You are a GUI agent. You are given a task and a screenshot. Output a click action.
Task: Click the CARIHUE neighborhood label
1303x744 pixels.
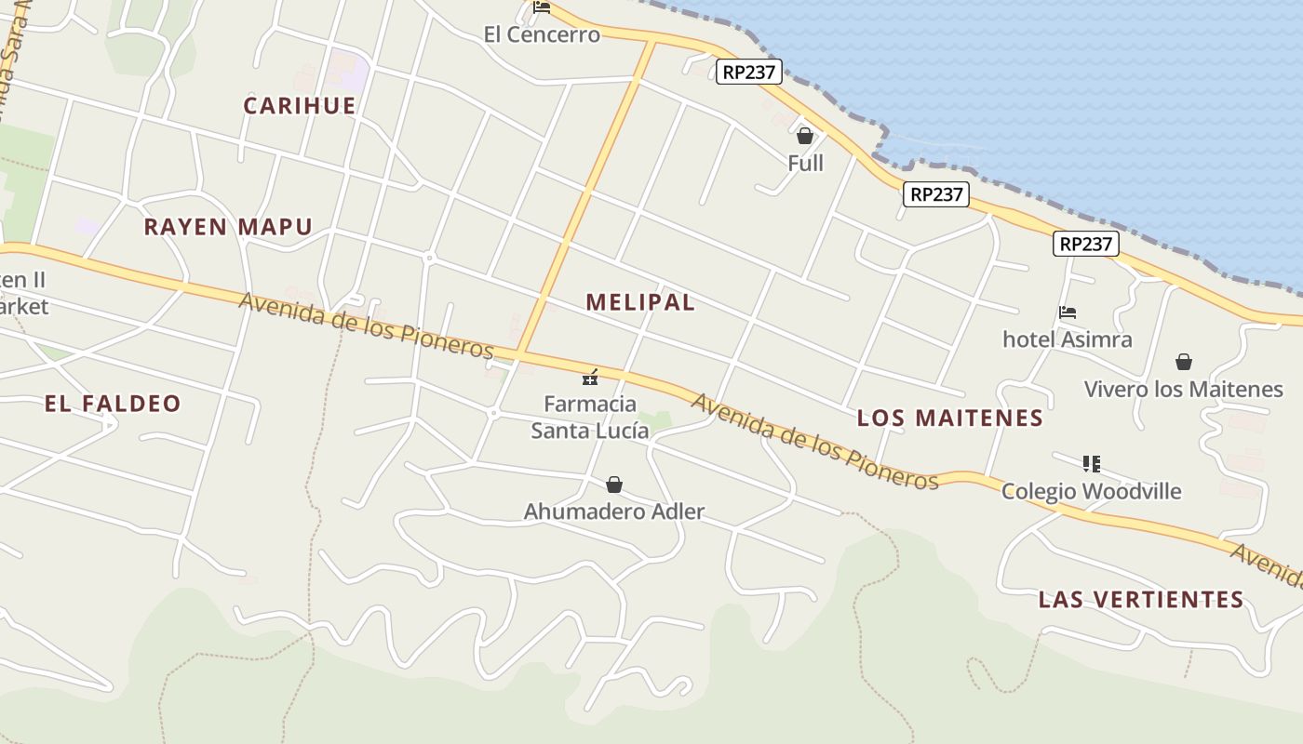pos(300,106)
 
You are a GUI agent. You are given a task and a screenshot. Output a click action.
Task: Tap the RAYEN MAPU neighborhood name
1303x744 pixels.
pos(228,227)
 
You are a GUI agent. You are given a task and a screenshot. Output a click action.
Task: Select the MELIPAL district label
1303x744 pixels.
pos(640,302)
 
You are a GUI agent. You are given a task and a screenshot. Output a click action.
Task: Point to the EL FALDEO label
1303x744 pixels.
pos(113,404)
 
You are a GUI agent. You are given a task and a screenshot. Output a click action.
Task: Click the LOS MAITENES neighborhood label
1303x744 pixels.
pos(950,418)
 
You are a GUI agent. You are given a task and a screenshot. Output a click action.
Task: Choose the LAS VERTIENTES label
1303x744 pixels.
pos(1141,600)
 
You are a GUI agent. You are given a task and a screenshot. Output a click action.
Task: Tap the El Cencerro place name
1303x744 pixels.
pos(542,35)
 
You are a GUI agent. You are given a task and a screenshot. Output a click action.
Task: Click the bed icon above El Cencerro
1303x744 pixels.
pos(542,8)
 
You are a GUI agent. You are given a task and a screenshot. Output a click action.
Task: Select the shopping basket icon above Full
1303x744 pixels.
pos(805,136)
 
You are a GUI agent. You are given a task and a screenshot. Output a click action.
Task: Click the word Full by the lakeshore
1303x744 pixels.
pos(805,164)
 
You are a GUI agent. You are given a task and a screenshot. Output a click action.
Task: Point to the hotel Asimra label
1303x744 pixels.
pos(1068,339)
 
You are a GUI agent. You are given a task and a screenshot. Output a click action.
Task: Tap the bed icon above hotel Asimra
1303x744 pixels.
pos(1068,312)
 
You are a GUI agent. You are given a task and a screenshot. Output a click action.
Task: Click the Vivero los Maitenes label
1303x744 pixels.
pos(1184,389)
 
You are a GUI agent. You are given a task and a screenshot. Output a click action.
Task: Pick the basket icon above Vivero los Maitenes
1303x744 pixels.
pos(1184,361)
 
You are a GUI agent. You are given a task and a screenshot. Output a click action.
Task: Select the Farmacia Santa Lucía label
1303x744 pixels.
pos(590,418)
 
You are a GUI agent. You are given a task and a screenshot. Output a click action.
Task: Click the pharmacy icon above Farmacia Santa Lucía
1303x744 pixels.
pos(589,377)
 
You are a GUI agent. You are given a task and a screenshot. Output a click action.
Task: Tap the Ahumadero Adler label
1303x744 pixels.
pos(614,511)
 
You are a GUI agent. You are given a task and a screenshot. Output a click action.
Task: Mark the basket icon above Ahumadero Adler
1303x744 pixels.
pos(614,485)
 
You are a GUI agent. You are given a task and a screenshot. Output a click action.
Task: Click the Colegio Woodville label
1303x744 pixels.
pos(1092,491)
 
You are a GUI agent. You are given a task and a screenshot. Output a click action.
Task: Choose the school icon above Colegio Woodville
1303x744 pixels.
pos(1092,463)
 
